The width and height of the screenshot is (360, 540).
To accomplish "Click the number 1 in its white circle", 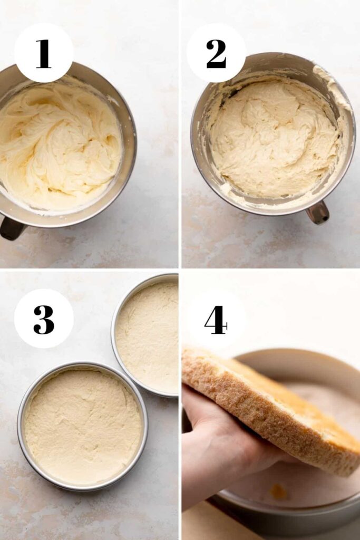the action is click(x=43, y=54).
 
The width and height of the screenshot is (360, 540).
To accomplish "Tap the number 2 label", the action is click(x=216, y=54).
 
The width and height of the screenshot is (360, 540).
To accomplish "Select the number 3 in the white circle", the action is click(x=44, y=319).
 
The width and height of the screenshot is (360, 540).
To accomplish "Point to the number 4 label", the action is click(x=216, y=320).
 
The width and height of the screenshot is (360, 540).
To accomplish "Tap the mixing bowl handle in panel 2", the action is click(x=318, y=212).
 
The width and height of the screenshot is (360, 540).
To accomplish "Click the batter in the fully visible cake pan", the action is click(x=83, y=427).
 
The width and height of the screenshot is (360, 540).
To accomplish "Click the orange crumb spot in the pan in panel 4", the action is click(x=278, y=490).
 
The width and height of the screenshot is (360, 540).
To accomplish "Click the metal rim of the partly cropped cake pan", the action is click(x=113, y=331).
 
